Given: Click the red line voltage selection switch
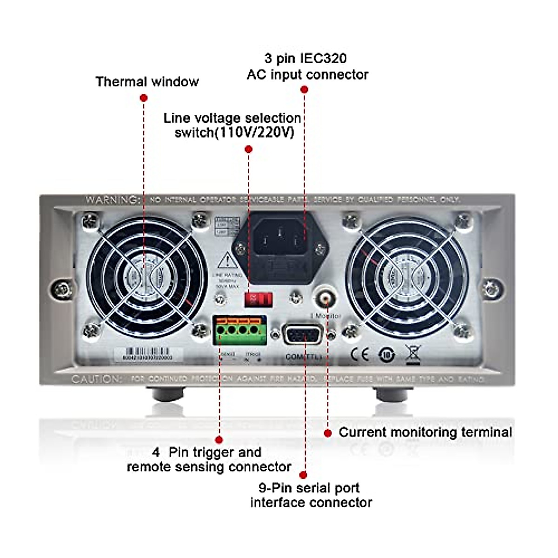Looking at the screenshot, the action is click(x=258, y=299).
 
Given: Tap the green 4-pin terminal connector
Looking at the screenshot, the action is click(x=240, y=330).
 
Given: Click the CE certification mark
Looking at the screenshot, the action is click(x=359, y=355).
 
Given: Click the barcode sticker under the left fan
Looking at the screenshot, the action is click(x=148, y=354).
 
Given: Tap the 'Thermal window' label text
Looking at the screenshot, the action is click(x=147, y=82).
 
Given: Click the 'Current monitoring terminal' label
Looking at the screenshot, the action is click(x=425, y=432).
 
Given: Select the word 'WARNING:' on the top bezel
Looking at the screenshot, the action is click(x=112, y=200).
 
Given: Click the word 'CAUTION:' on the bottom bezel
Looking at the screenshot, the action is click(x=97, y=379).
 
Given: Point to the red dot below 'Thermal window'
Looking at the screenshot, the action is click(x=144, y=98).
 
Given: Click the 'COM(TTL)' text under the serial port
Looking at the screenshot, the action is click(x=303, y=357).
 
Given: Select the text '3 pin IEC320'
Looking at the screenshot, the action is click(x=306, y=58).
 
